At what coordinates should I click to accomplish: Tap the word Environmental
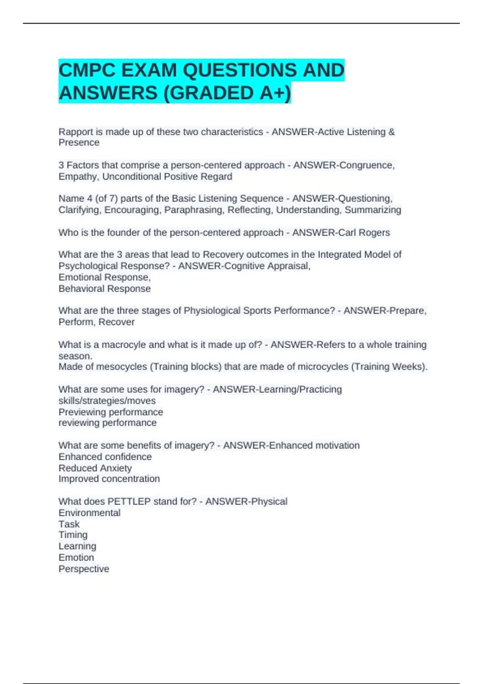point(89,513)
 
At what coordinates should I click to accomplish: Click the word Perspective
point(84,569)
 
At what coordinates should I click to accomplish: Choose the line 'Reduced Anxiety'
point(95,468)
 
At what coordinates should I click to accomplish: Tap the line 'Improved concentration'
point(109,479)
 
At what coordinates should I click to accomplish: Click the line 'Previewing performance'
point(111,412)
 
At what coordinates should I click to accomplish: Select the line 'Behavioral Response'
point(105,289)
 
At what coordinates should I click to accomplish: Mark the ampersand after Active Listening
point(392,132)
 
